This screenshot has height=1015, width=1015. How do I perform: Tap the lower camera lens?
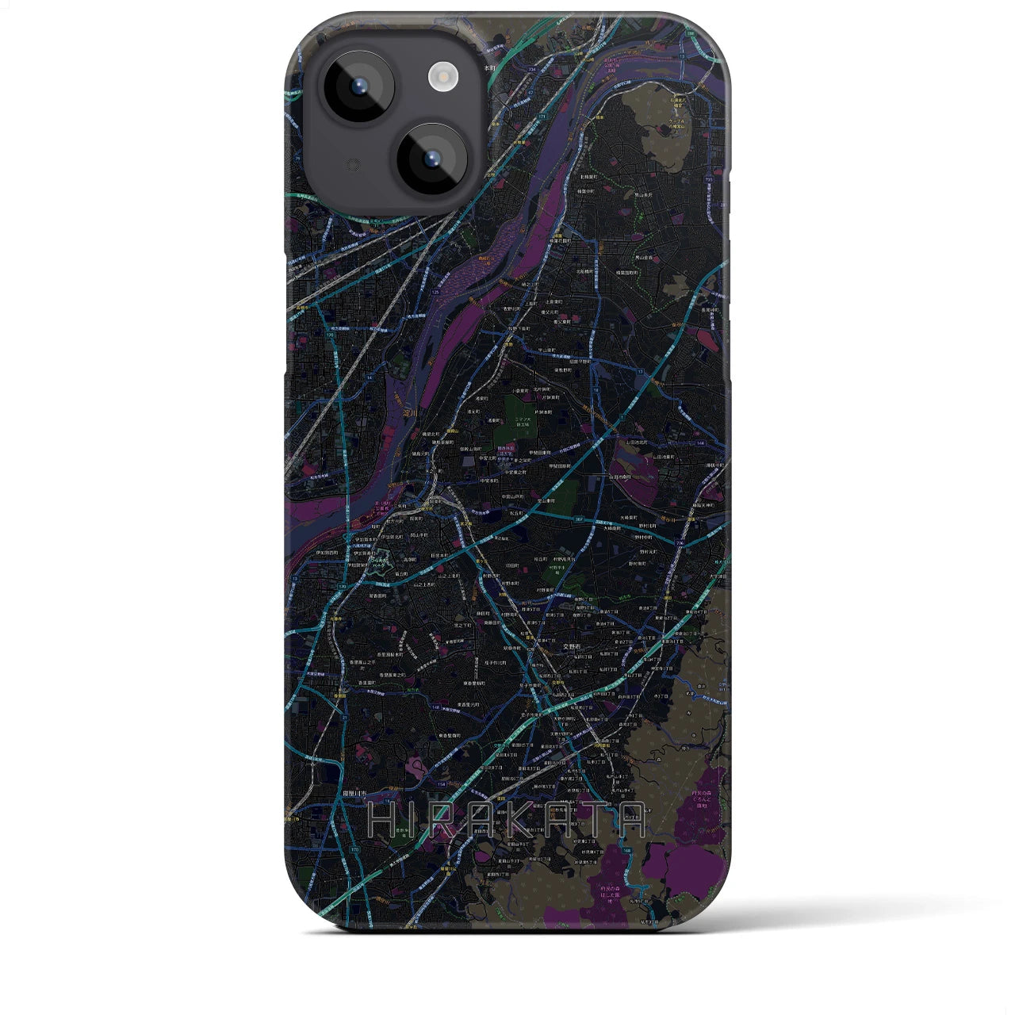pyautogui.click(x=432, y=159)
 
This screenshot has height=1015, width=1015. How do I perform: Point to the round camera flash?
pyautogui.click(x=443, y=76)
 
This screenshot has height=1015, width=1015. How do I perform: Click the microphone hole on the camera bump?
pyautogui.click(x=353, y=165)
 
